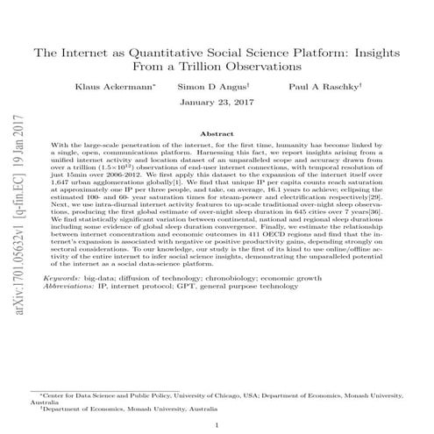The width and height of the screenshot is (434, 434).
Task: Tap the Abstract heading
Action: click(x=217, y=133)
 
